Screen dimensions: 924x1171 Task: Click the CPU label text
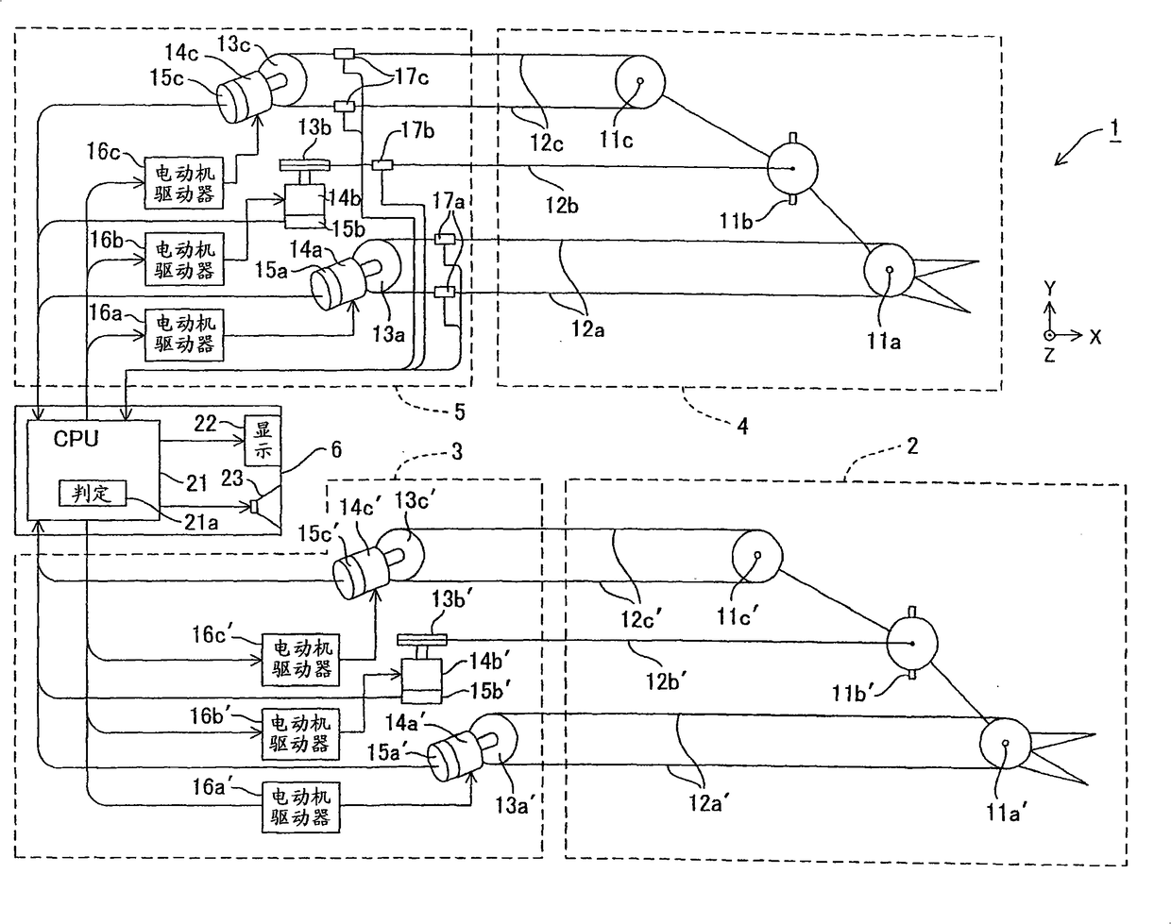tap(76, 439)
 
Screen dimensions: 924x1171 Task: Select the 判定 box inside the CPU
tap(92, 493)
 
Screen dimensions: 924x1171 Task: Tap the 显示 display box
tap(263, 440)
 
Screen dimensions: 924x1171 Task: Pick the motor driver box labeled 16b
tap(184, 260)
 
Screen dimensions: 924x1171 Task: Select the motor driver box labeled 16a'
tap(301, 806)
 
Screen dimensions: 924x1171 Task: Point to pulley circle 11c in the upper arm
tap(639, 79)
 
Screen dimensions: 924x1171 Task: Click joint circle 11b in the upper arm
tap(790, 169)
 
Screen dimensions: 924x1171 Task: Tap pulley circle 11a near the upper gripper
tap(890, 271)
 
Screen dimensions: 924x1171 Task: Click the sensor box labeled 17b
tap(382, 166)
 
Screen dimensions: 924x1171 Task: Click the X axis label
tap(1095, 336)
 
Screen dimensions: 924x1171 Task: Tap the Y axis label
tap(1049, 289)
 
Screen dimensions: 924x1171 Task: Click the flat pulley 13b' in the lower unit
tap(421, 640)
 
